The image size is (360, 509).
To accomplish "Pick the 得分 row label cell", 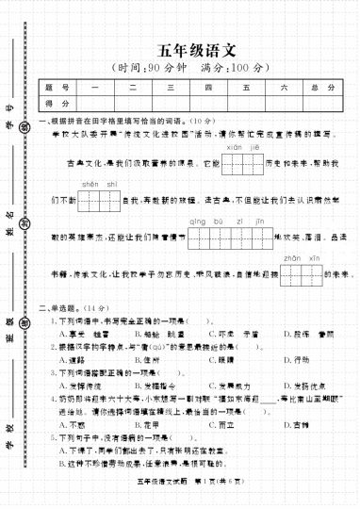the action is point(64,103).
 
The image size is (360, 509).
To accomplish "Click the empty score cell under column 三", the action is point(171,103).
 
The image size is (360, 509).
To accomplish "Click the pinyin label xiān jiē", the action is point(237,147).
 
